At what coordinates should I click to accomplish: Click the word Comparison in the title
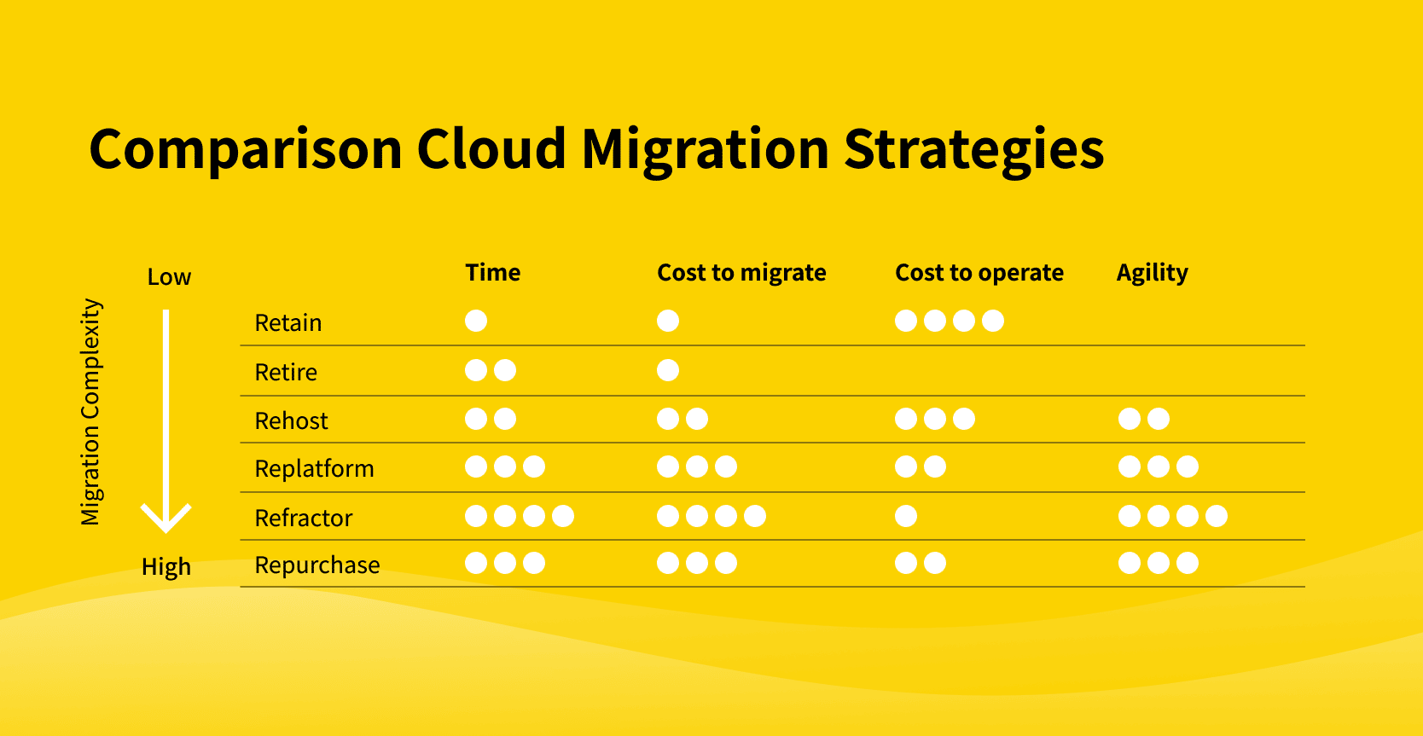pos(246,150)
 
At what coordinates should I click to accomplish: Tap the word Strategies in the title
pos(974,150)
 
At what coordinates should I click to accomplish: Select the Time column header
pos(493,272)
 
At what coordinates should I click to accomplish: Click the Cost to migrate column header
pos(741,272)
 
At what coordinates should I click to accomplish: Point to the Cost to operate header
pos(979,272)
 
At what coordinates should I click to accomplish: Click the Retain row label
pos(288,322)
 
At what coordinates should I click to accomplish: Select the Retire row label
pos(286,372)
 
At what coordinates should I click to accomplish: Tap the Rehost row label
pos(291,420)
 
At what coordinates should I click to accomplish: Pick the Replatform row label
pos(315,469)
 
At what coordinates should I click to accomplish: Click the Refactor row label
pos(303,518)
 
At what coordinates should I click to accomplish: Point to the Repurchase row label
pos(317,565)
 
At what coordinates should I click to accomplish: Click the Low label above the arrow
pos(169,277)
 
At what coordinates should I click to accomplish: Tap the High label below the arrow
pos(166,566)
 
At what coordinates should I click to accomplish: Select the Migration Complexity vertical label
pos(90,412)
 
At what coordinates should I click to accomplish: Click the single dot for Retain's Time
pos(476,321)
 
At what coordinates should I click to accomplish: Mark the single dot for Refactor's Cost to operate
pos(906,516)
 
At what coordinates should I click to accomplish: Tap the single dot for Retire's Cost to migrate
pos(668,369)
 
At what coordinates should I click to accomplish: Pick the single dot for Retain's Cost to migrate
pos(668,321)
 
